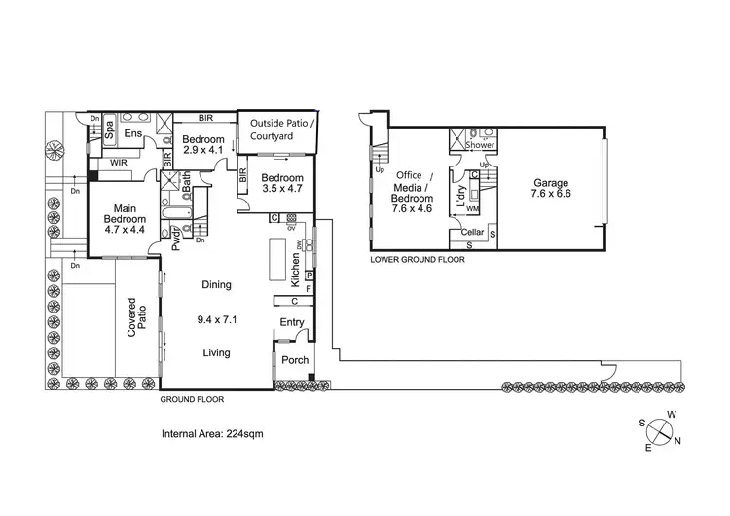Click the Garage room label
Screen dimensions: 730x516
tap(550, 189)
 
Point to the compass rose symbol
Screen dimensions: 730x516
tap(661, 428)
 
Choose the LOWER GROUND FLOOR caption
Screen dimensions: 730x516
tap(417, 261)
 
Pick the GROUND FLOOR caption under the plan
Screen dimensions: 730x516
tap(192, 399)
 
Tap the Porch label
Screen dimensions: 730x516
tap(295, 360)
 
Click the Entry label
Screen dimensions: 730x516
tap(292, 322)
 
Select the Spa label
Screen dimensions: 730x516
tap(110, 129)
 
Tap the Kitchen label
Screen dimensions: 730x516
tap(296, 270)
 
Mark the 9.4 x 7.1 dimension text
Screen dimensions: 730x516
tap(216, 318)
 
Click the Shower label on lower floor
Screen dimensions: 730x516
tap(480, 145)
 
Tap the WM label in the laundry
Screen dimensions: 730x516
tap(473, 209)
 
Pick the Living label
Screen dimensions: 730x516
tap(216, 352)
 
